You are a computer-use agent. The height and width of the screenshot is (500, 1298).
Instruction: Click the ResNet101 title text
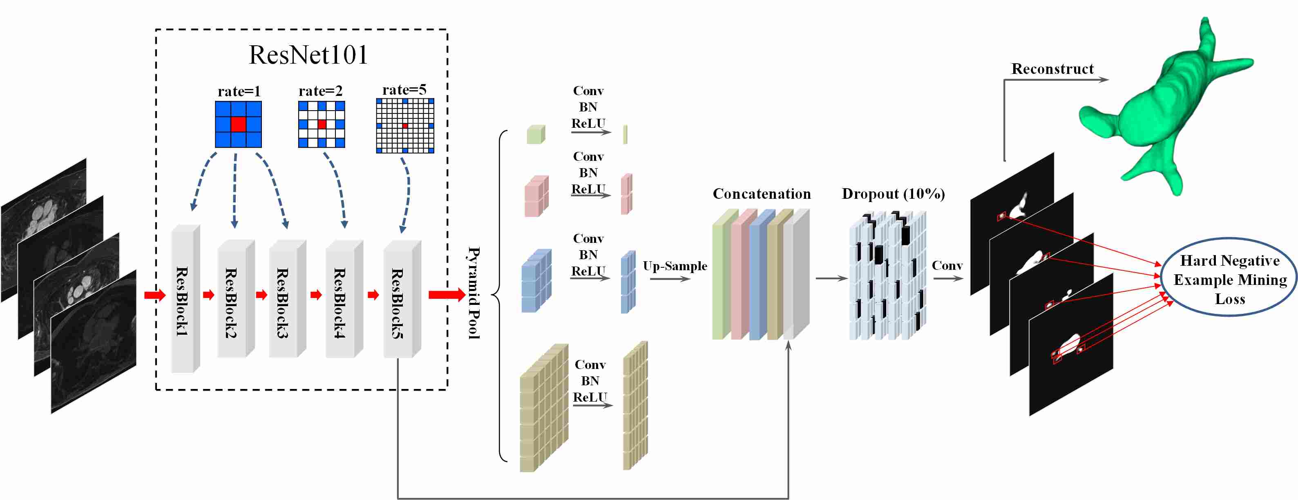click(x=308, y=54)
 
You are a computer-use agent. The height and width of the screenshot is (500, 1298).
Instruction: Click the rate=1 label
click(x=239, y=91)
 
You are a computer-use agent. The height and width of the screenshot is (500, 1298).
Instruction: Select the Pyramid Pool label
click(x=474, y=293)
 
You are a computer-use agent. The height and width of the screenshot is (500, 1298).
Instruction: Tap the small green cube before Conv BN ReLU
click(x=536, y=134)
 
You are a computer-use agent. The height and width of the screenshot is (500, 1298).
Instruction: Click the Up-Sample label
click(x=675, y=266)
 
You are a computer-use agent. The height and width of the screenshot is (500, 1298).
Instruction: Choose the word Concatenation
click(x=762, y=194)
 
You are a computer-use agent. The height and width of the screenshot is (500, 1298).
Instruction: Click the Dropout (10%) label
click(x=893, y=194)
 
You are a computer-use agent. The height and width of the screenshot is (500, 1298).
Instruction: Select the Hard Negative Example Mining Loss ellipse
click(x=1229, y=278)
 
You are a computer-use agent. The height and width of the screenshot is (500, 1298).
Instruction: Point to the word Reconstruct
click(x=1052, y=69)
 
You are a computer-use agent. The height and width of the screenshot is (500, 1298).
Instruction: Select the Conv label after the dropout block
click(x=947, y=266)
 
